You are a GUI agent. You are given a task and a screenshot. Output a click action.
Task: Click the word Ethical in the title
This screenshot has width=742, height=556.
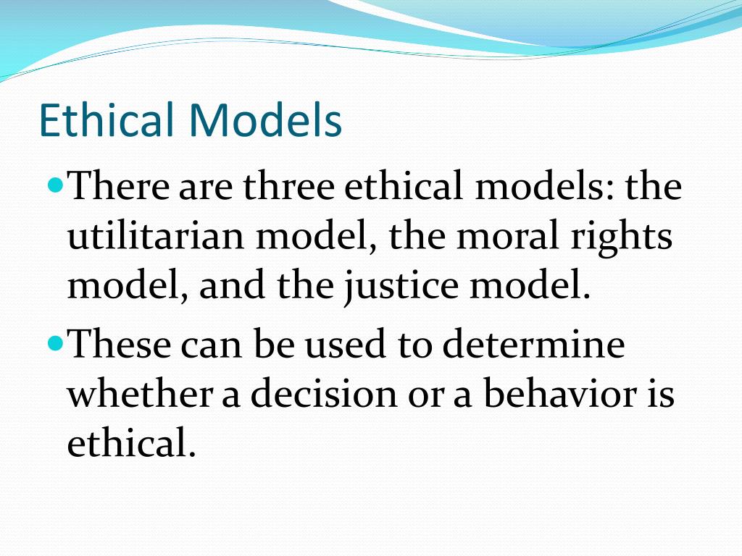(x=107, y=121)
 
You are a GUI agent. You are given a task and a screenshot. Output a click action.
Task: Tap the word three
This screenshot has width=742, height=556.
(x=288, y=188)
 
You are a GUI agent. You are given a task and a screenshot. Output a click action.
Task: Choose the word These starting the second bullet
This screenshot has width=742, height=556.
(x=119, y=345)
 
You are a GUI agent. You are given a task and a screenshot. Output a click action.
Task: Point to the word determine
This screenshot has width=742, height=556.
(x=533, y=345)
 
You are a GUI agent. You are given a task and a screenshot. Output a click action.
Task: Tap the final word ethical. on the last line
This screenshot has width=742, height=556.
(x=131, y=443)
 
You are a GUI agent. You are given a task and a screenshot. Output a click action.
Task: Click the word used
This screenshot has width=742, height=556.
(x=343, y=345)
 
